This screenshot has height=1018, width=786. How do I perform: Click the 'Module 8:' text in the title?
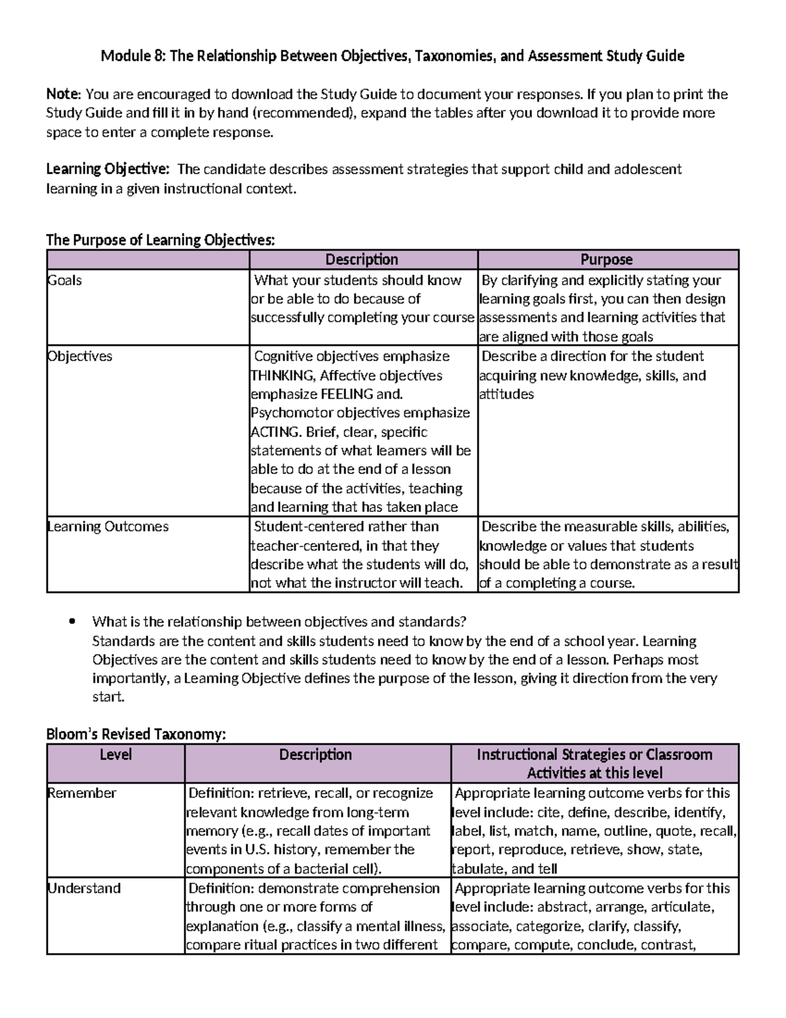[132, 56]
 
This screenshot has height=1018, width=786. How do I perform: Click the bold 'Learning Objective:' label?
[107, 169]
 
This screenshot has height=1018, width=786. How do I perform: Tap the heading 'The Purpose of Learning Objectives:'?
[160, 240]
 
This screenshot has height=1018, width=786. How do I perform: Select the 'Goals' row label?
[65, 281]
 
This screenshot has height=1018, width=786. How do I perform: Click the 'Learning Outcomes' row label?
[108, 527]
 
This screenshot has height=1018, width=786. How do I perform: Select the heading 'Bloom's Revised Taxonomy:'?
[136, 734]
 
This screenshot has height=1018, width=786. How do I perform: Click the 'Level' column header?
[115, 754]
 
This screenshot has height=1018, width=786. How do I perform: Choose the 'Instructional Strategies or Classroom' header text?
[594, 754]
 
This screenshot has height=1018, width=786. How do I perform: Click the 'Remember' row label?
[82, 793]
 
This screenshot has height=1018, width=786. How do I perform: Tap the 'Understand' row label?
[84, 889]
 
